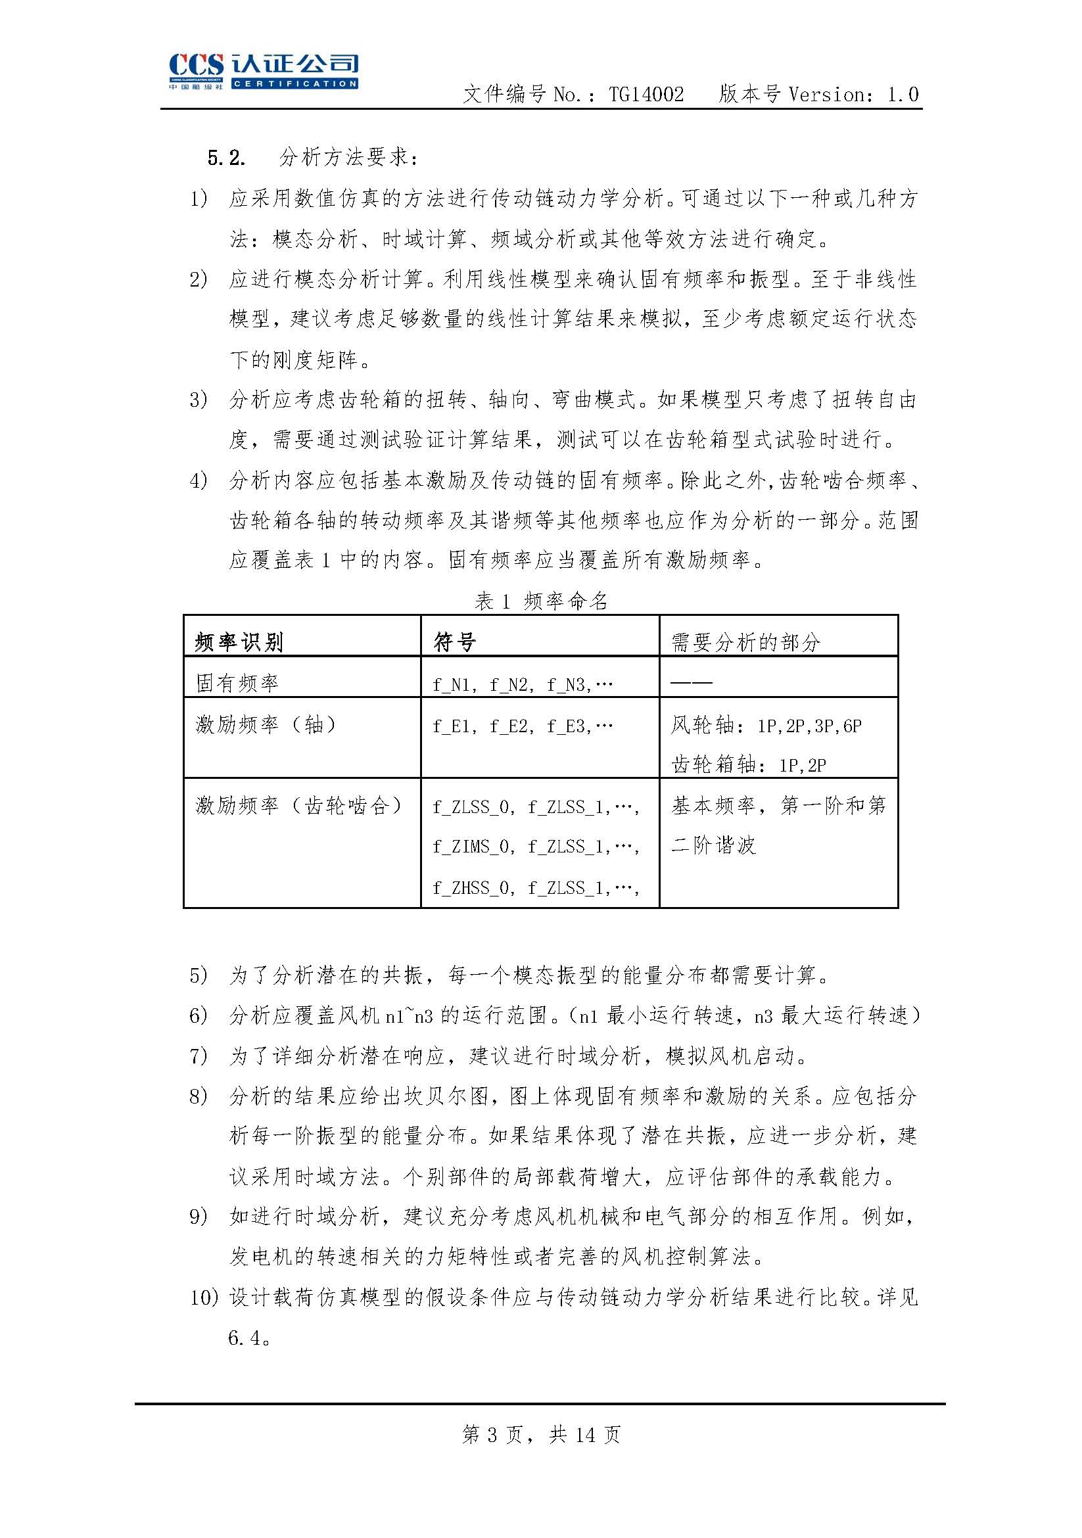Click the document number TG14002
tap(646, 95)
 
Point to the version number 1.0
tap(903, 95)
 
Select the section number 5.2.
tap(225, 158)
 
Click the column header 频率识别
tap(239, 642)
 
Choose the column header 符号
tap(455, 642)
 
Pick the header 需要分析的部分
tap(745, 642)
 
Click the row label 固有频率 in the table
tap(237, 684)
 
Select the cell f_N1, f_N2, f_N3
tap(523, 685)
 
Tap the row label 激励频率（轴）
tap(266, 725)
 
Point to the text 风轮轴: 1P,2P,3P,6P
tap(766, 726)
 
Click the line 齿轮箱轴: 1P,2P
tap(748, 765)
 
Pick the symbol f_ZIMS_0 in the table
tap(470, 847)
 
